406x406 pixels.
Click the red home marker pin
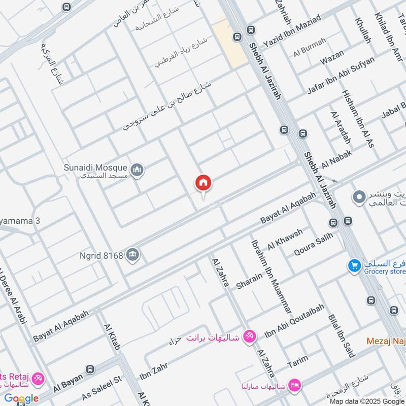click(204, 183)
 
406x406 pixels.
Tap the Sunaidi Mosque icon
click(137, 171)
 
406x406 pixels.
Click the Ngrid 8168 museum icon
click(133, 255)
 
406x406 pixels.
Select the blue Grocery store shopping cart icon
click(354, 265)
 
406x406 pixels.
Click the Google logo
click(21, 398)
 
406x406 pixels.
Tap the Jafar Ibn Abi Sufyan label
click(341, 75)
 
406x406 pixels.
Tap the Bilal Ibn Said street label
click(341, 335)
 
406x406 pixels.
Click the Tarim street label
click(298, 362)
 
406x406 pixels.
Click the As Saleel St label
click(102, 387)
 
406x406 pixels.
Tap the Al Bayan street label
click(67, 380)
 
